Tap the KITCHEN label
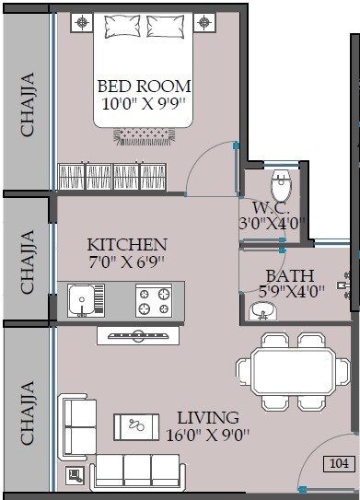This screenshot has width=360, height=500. (x=127, y=245)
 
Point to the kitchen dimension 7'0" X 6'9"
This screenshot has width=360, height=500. (x=127, y=262)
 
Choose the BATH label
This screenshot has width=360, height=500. (x=289, y=275)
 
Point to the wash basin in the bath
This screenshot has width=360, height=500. (x=263, y=313)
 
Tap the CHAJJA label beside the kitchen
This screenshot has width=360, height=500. (x=28, y=261)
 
